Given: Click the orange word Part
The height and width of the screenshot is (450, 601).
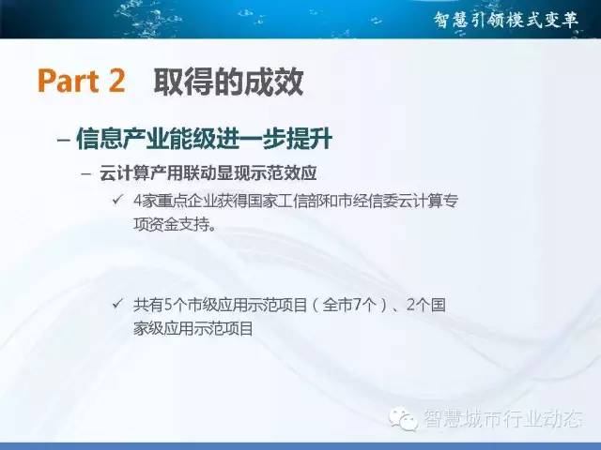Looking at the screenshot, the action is (x=69, y=81).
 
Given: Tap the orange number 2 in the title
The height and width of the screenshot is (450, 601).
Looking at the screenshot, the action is (x=116, y=81).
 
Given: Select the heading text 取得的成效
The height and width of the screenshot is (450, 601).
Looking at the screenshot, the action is (x=229, y=82).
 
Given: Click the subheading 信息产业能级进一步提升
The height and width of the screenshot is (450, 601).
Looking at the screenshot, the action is (x=204, y=139).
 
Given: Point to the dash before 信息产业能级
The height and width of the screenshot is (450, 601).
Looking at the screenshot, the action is (x=64, y=140).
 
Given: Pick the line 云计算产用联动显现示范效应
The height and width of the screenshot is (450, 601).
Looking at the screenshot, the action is (x=208, y=172).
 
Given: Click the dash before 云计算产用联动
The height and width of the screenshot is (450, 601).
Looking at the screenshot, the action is (x=86, y=173).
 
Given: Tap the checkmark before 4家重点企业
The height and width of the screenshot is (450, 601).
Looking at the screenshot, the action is (x=117, y=200).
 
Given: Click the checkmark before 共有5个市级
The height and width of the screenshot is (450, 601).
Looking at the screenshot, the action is (x=117, y=304).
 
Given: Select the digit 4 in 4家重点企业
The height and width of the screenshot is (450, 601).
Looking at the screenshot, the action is (x=138, y=202).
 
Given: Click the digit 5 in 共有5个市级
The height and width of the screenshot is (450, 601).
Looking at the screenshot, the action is (x=168, y=306).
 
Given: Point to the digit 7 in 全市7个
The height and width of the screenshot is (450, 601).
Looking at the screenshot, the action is (x=357, y=306).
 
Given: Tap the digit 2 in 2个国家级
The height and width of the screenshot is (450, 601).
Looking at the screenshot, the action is (x=411, y=306).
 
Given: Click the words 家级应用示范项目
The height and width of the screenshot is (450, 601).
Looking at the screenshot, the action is (x=193, y=328).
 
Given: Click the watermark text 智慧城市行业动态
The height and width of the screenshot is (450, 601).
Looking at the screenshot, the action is (x=503, y=418).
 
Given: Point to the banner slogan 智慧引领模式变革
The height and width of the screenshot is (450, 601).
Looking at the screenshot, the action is (x=506, y=19).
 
